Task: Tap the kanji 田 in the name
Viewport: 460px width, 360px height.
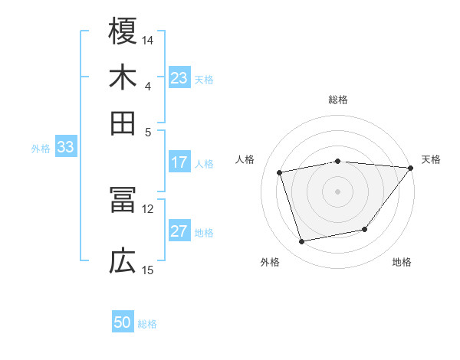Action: pos(123,123)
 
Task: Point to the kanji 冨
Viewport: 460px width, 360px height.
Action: pos(123,201)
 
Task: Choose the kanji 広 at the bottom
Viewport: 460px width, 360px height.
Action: pos(123,262)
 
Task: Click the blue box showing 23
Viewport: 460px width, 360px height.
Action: pos(179,78)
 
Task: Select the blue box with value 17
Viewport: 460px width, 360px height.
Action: pos(179,162)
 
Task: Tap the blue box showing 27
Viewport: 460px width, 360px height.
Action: pos(179,232)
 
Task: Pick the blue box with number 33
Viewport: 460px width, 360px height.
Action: pos(64,148)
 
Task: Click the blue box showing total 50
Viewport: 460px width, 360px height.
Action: pos(123,323)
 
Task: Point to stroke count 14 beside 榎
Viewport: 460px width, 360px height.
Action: pos(148,40)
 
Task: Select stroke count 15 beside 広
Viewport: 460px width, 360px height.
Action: pos(148,270)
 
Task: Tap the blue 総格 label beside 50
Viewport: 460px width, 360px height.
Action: pos(147,324)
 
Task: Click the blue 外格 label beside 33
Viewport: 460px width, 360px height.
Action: pos(41,149)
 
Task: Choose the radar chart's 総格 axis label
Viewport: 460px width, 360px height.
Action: pos(337,100)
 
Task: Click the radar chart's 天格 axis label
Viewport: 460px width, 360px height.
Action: pos(431,159)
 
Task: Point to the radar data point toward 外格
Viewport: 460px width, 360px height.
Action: pos(302,242)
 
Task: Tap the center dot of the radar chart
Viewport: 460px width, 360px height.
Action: pos(337,191)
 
